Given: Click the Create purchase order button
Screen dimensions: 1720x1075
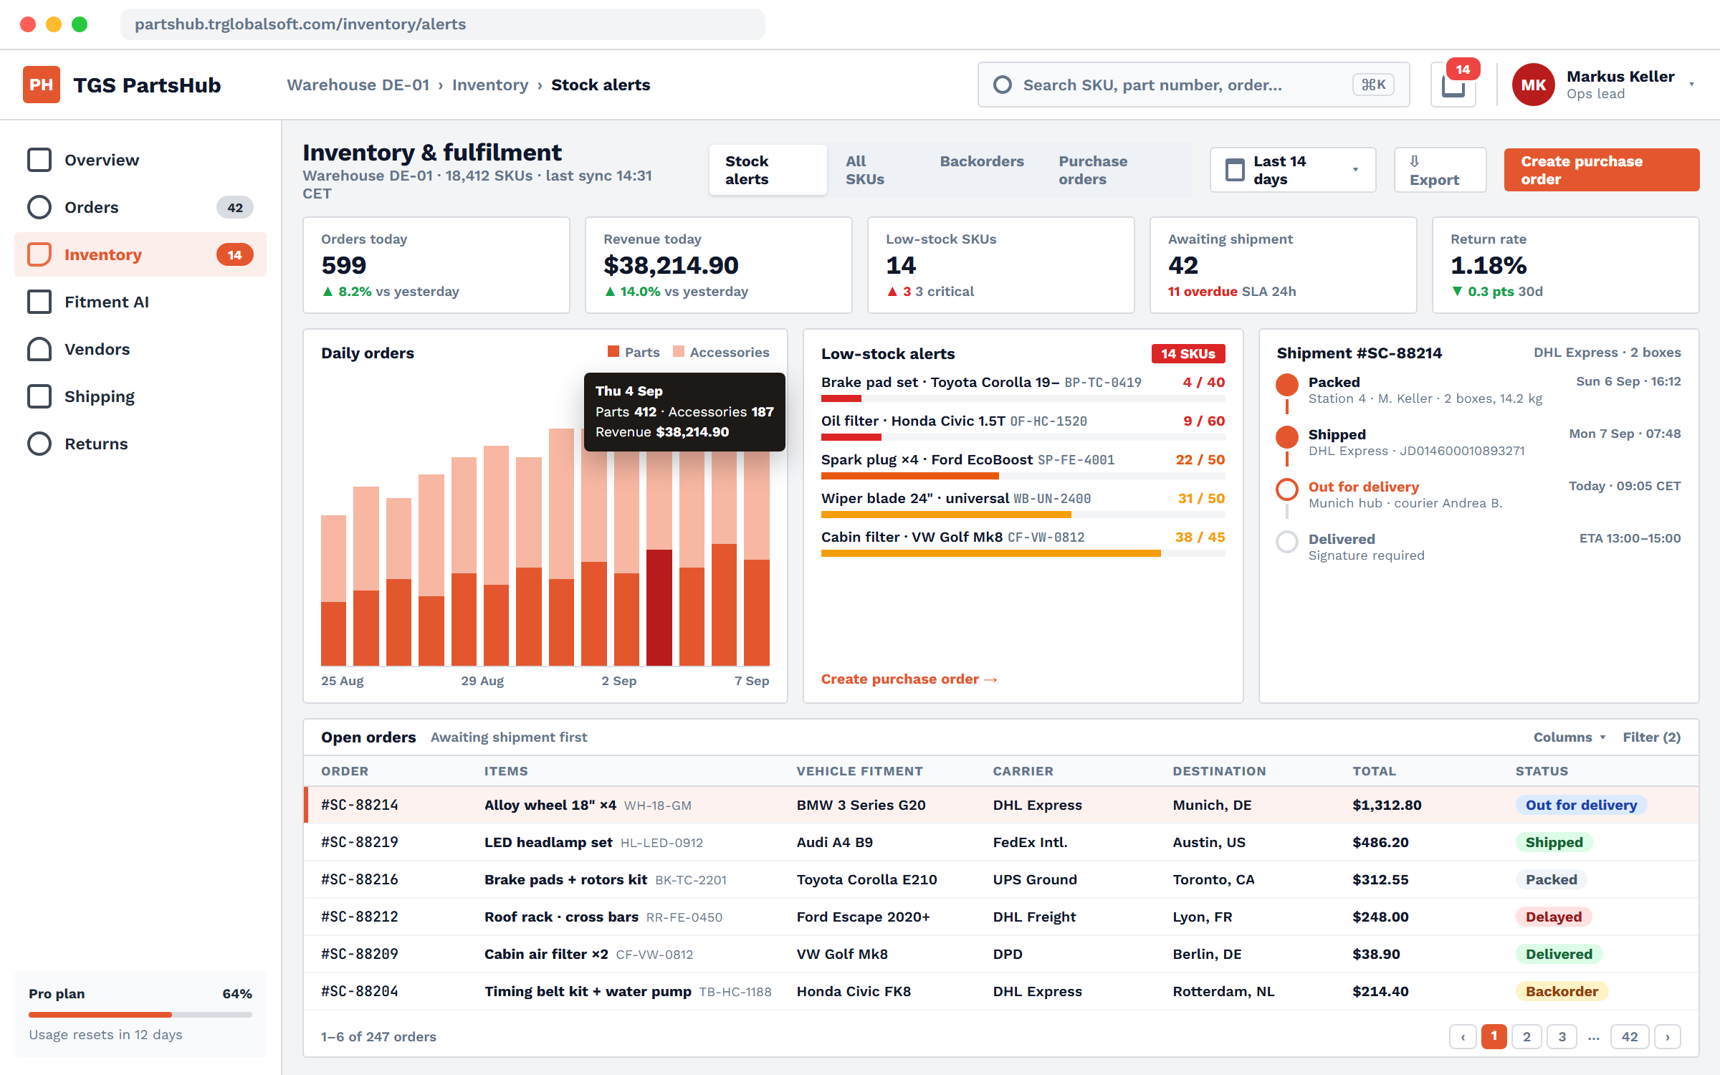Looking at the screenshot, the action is (1601, 170).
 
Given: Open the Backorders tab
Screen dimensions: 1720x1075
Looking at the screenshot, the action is (982, 161).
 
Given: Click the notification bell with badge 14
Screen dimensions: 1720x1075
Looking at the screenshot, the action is (1453, 85).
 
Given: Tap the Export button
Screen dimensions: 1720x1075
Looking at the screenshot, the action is (1440, 170).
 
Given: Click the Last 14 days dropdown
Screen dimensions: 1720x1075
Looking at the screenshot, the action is (1293, 170).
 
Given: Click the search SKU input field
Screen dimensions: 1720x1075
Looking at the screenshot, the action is (1193, 85).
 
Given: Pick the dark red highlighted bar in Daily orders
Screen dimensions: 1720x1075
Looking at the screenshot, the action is (659, 608).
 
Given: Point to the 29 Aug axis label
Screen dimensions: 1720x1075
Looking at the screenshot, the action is (482, 681).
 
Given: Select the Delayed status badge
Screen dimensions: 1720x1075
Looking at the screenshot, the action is (1553, 917).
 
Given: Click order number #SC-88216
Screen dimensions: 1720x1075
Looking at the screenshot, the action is (360, 879).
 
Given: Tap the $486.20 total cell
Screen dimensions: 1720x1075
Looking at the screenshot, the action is (1380, 842).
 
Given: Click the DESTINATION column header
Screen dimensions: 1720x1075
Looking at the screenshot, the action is (1219, 771).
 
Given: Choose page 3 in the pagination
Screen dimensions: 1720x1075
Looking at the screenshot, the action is (1562, 1036).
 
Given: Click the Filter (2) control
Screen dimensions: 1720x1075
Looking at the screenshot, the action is (1651, 737).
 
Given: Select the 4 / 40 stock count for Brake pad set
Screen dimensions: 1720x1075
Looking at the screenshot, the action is (1203, 382).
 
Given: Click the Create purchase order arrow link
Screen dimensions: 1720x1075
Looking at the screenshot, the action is (909, 679).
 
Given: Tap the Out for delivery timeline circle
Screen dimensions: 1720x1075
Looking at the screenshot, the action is (1287, 489).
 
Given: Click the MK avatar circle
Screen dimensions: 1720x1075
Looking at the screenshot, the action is (1533, 85).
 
